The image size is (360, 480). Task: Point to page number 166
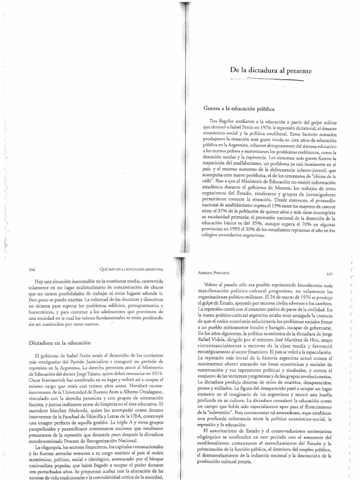(x=32, y=270)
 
